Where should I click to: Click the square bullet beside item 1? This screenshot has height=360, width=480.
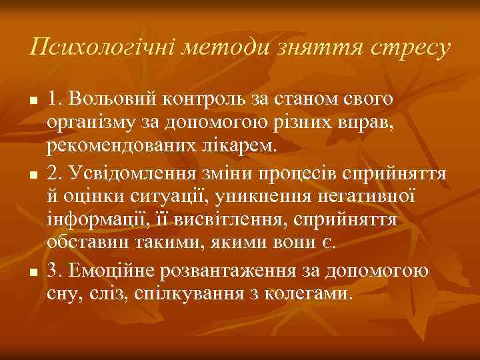(31, 100)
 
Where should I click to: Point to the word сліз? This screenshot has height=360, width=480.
(96, 295)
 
